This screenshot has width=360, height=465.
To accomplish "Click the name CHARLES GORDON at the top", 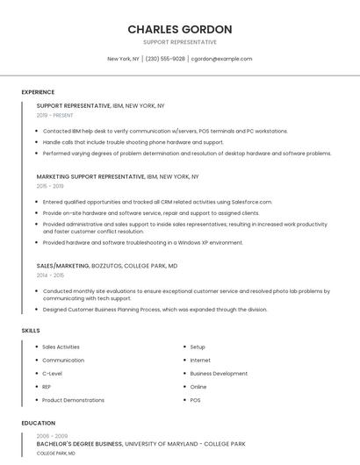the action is pyautogui.click(x=180, y=30).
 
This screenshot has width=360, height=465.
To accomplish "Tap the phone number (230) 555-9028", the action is pyautogui.click(x=165, y=59).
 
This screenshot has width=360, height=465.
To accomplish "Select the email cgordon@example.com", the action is pyautogui.click(x=221, y=59).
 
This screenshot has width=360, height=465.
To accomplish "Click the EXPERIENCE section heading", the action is pyautogui.click(x=38, y=92).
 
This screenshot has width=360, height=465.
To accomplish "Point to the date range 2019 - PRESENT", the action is pyautogui.click(x=55, y=115).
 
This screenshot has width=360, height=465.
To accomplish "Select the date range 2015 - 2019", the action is pyautogui.click(x=50, y=186).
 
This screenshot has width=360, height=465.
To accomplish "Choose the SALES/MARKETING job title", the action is pyautogui.click(x=62, y=265).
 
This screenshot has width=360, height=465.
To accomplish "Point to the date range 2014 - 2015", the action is pyautogui.click(x=50, y=275).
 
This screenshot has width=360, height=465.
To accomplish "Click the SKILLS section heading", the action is pyautogui.click(x=31, y=330).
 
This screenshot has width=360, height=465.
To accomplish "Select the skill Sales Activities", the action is pyautogui.click(x=61, y=347).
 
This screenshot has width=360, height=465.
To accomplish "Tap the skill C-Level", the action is pyautogui.click(x=53, y=373).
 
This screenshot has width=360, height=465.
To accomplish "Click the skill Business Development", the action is pyautogui.click(x=219, y=373).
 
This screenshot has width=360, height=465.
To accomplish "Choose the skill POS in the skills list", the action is pyautogui.click(x=195, y=399).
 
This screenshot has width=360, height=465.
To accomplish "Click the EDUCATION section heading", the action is pyautogui.click(x=38, y=423).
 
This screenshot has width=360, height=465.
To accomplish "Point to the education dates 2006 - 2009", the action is pyautogui.click(x=52, y=436).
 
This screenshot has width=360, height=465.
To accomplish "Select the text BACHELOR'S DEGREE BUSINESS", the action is pyautogui.click(x=78, y=444).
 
